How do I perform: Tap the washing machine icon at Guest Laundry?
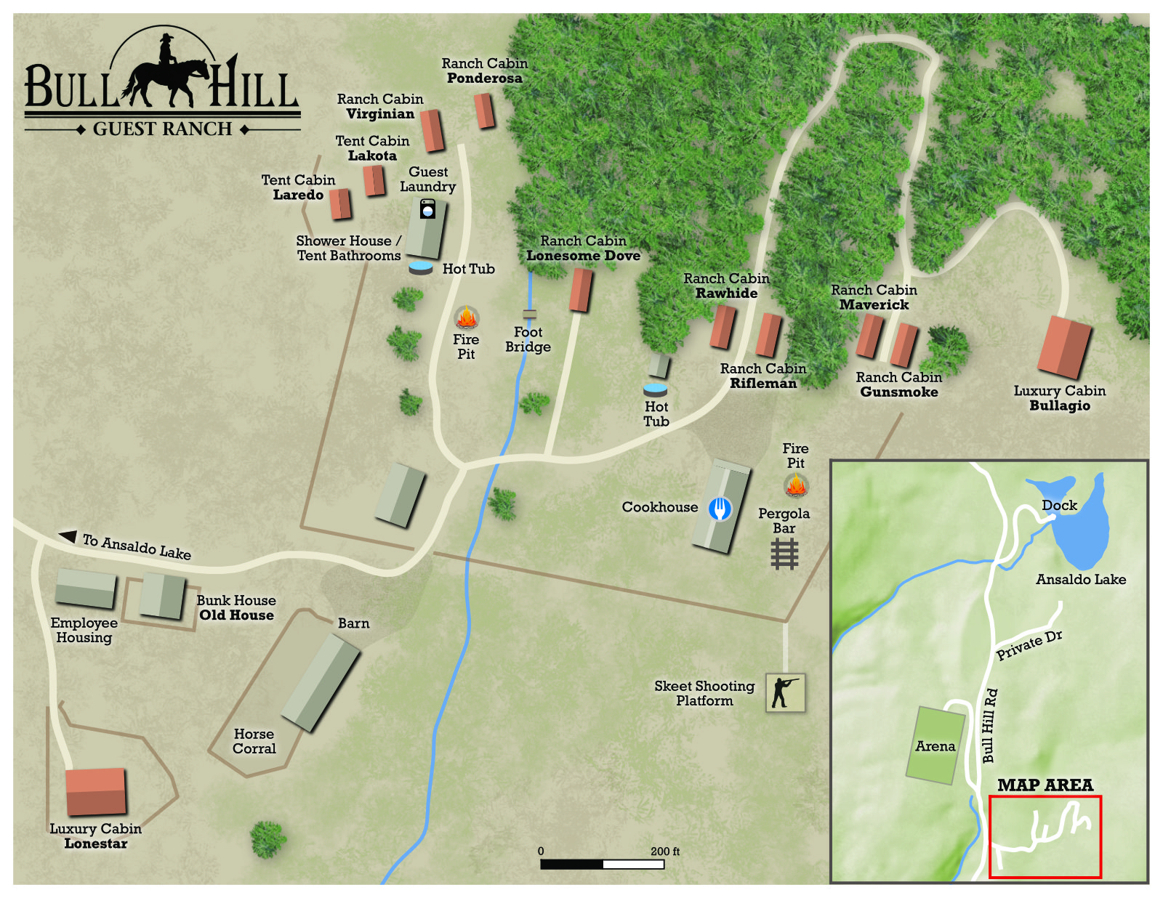point(427,209)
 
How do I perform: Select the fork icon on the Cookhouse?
point(720,509)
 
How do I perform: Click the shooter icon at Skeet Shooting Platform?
point(785,692)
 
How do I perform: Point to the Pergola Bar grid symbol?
point(784,554)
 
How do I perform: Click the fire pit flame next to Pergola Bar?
point(796,485)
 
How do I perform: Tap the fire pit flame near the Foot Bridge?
point(466,318)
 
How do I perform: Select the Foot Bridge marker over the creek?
point(530,314)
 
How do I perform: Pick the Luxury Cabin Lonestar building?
point(96,792)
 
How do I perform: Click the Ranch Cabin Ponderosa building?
point(484,111)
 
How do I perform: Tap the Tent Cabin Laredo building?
point(340,204)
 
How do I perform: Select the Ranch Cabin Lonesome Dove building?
point(580,290)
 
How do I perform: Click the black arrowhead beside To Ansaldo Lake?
point(68,536)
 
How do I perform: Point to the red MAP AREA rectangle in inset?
point(1045,836)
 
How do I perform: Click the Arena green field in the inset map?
point(935,745)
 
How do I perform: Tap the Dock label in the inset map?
point(1059,505)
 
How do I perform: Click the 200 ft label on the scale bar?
point(664,851)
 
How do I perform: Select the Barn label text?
point(353,623)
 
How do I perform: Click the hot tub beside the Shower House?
point(421,268)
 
